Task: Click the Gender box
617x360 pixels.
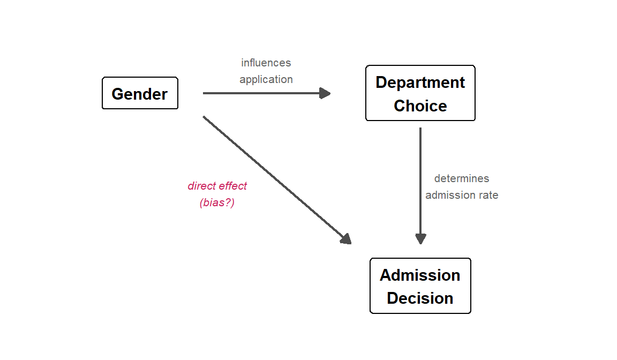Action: click(140, 94)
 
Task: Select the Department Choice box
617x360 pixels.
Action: click(420, 93)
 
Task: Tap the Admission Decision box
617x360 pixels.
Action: click(420, 286)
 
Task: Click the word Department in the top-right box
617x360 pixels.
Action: click(420, 82)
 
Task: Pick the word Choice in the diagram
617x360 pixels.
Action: click(420, 106)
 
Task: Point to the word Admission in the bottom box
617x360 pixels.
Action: click(420, 275)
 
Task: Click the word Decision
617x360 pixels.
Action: click(420, 298)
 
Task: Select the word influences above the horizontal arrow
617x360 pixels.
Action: click(266, 63)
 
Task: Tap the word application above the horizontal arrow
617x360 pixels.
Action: click(266, 79)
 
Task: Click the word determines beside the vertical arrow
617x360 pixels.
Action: click(461, 178)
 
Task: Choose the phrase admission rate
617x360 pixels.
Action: click(462, 195)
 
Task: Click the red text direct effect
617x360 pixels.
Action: click(217, 186)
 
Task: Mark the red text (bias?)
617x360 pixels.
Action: click(217, 202)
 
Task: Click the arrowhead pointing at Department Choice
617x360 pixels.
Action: click(325, 93)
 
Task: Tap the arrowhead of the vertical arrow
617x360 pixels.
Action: click(420, 238)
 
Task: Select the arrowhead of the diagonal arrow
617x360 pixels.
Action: click(346, 239)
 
